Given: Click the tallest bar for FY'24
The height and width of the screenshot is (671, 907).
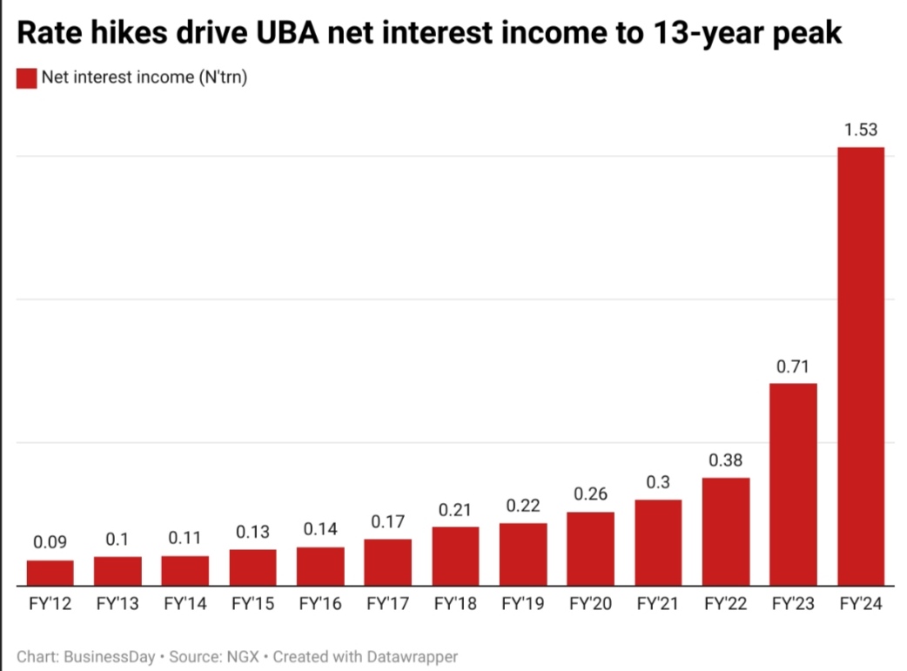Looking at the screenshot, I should [860, 366].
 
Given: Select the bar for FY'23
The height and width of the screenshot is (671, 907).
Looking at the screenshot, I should [793, 484].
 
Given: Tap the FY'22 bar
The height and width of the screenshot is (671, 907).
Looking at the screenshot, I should [726, 531].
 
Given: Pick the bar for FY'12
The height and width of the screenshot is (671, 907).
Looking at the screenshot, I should [50, 572].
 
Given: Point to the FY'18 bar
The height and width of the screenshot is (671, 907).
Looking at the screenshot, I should [455, 555].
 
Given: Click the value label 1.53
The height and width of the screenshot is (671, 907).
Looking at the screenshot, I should [860, 131].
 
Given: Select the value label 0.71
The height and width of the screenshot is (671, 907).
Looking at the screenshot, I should [793, 366].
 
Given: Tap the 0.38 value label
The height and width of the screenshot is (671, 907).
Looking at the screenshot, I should [726, 460].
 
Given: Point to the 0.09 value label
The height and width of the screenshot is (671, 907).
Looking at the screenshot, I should [50, 543].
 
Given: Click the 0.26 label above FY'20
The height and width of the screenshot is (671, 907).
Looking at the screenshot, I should [590, 494].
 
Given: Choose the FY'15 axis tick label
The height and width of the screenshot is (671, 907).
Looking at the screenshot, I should [252, 603].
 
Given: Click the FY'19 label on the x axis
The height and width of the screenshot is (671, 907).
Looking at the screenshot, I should [522, 603].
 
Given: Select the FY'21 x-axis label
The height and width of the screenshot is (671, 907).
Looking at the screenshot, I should [658, 603].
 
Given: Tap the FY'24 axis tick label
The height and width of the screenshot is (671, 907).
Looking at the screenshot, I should [860, 603].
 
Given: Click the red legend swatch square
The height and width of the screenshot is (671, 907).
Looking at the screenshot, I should [27, 78].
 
